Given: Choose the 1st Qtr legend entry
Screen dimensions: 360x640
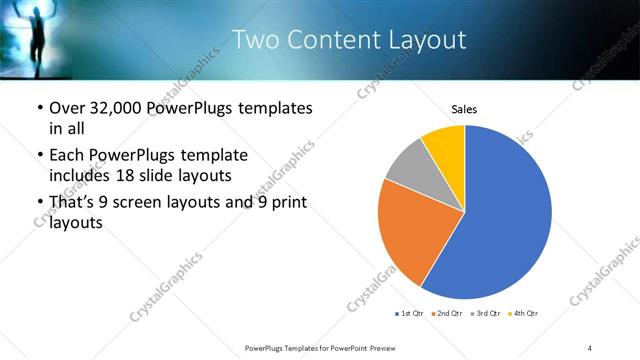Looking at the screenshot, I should pyautogui.click(x=409, y=314).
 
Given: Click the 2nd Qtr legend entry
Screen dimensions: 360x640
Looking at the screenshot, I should pyautogui.click(x=447, y=314).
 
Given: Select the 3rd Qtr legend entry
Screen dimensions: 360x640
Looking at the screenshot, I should pyautogui.click(x=486, y=314).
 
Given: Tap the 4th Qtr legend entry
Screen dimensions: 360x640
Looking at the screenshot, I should pyautogui.click(x=524, y=314).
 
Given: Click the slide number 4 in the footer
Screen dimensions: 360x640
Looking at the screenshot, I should pyautogui.click(x=590, y=347).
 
